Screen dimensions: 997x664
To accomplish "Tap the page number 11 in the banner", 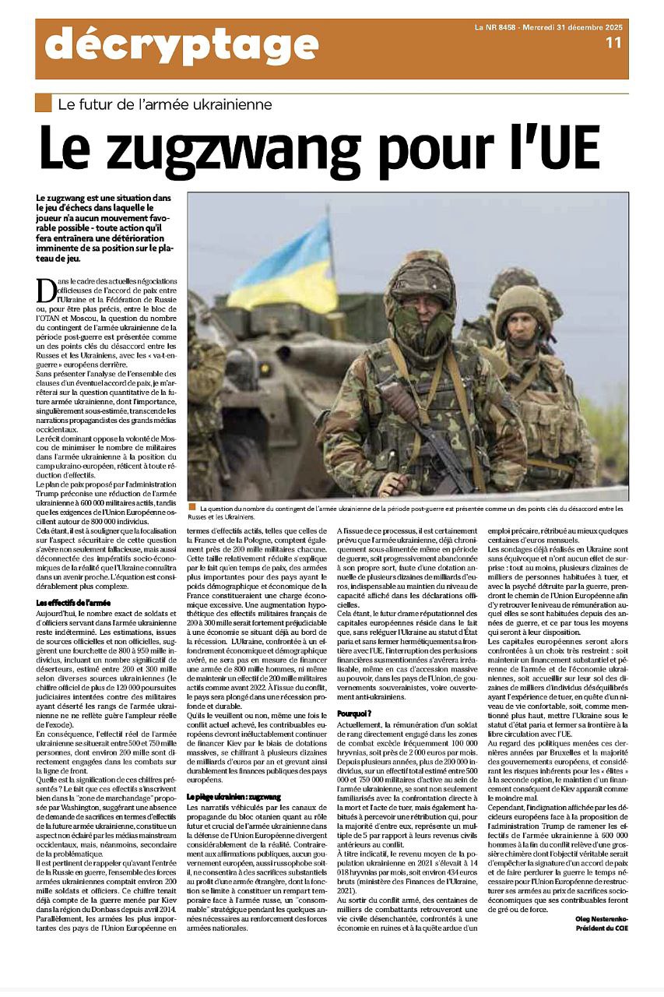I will (613, 43).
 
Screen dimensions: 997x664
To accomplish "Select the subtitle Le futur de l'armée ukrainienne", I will (164, 104).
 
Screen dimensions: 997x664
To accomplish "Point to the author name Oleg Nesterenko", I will (601, 918).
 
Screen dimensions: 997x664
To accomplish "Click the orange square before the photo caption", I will (192, 507).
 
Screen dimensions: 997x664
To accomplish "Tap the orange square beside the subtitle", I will (44, 103).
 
